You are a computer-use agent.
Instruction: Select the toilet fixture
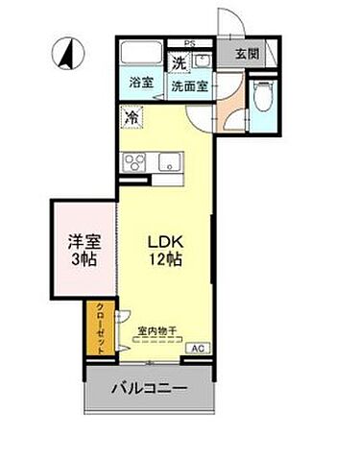coord(260,97)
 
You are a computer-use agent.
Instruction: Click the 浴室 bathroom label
coord(141,84)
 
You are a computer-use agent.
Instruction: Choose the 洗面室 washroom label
coord(190,85)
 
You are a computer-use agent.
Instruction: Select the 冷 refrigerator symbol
coord(132,118)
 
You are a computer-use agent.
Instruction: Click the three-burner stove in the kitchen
coord(133,160)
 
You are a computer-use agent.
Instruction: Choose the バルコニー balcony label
coord(148,389)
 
